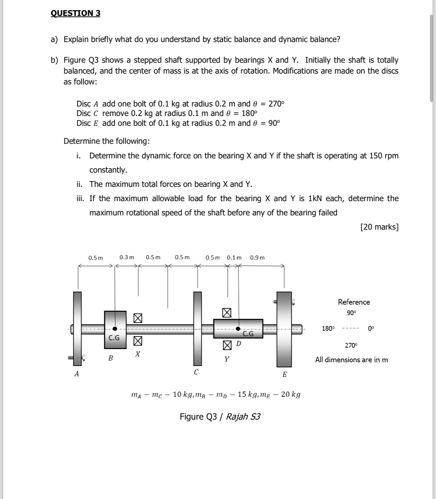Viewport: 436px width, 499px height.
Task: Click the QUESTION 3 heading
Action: (x=75, y=13)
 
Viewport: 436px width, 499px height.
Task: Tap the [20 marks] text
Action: (x=379, y=227)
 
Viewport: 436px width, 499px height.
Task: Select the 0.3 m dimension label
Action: (x=127, y=257)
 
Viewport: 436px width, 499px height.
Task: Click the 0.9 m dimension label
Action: (x=257, y=257)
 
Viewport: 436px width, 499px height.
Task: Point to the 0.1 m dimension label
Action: (x=234, y=257)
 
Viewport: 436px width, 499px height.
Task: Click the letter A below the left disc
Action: (x=76, y=374)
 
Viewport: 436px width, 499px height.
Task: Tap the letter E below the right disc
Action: (x=285, y=375)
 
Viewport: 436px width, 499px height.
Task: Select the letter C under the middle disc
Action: (x=196, y=372)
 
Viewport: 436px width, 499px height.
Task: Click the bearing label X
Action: (x=138, y=354)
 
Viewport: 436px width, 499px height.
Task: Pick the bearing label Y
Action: (x=226, y=359)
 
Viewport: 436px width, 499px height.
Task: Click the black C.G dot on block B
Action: (x=115, y=329)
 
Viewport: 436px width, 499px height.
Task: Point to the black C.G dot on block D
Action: (x=238, y=328)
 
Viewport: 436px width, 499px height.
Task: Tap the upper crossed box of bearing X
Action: (x=138, y=318)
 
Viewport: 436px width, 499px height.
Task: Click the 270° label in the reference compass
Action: (x=351, y=345)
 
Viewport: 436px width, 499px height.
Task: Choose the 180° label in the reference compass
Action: (x=328, y=328)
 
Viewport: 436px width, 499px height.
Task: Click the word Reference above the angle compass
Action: (x=354, y=302)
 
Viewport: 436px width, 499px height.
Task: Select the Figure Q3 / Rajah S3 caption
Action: (x=220, y=417)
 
